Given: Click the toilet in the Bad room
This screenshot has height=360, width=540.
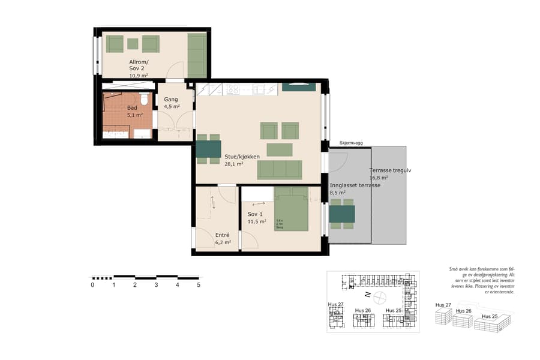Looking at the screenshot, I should (x=144, y=100).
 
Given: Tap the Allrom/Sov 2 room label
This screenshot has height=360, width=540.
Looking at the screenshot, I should (x=139, y=65).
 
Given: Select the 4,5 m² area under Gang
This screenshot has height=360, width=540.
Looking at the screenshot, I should (x=172, y=107).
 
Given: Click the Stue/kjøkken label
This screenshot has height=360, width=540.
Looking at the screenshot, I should (x=242, y=157).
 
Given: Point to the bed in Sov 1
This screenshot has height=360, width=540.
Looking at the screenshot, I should (x=292, y=208).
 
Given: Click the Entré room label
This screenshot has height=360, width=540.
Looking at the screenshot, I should (x=222, y=235).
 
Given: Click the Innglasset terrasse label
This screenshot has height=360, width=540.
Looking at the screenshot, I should (x=355, y=185).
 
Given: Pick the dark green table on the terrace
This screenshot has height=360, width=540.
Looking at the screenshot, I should (x=342, y=214).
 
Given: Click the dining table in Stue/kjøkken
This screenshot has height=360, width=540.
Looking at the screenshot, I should (x=209, y=149).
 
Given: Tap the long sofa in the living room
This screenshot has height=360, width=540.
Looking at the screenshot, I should (x=279, y=170).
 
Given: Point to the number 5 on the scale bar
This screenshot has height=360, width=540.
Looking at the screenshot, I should (x=199, y=285).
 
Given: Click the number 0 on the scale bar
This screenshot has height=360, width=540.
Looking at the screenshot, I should (x=92, y=285).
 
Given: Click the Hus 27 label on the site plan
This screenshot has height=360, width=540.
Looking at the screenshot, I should (x=335, y=305).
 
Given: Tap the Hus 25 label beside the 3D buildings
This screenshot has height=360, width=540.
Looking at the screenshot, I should (x=490, y=316).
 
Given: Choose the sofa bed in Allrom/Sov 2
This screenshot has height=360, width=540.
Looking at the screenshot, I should (x=197, y=55).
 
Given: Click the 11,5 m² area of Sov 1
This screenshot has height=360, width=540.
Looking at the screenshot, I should (x=257, y=221).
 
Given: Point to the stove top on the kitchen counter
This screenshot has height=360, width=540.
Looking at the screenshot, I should (x=233, y=89).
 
